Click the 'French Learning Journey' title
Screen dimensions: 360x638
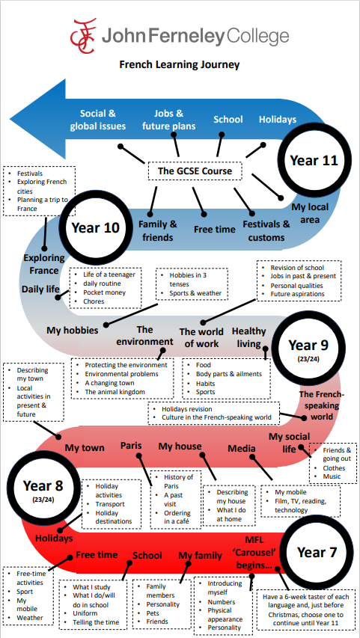(180, 64)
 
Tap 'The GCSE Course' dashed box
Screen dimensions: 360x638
(195, 171)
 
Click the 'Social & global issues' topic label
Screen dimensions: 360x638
(98, 120)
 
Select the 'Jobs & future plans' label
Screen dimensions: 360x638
(168, 120)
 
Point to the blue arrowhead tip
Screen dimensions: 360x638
(10, 120)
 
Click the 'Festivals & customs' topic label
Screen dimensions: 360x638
(266, 230)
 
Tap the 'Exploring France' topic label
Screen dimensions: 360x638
(43, 264)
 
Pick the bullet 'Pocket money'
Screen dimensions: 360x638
(104, 292)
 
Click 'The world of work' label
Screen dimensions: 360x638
(201, 337)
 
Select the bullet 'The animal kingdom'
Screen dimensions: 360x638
(115, 392)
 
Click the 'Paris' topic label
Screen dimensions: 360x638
(131, 446)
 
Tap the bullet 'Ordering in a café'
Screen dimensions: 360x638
(177, 517)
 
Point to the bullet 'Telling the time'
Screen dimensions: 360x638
(96, 622)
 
